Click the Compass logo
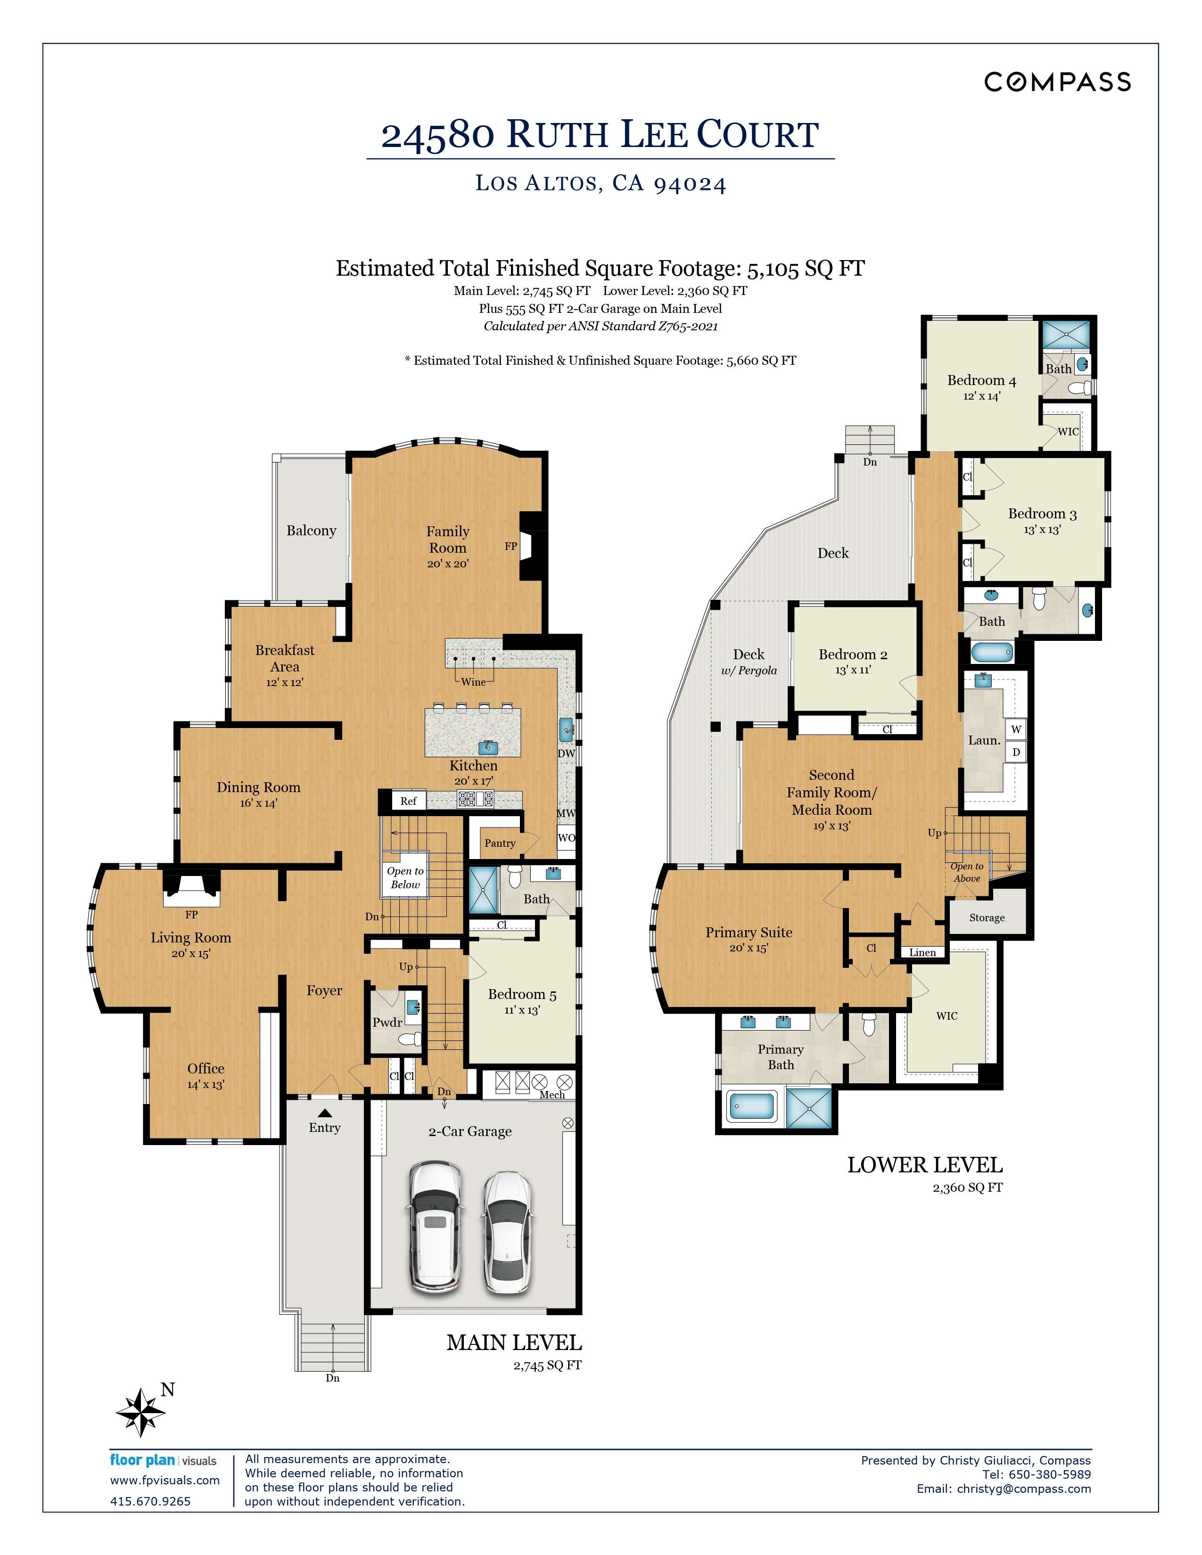click(x=1057, y=82)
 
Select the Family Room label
click(x=447, y=539)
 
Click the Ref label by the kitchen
click(x=408, y=801)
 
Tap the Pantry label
click(x=500, y=843)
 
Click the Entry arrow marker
click(x=325, y=1113)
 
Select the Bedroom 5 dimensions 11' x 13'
click(x=522, y=1010)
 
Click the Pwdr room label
click(x=387, y=1023)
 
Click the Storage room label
click(x=986, y=918)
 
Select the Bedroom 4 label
click(x=981, y=380)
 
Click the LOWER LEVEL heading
click(x=924, y=1165)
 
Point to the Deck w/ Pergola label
click(x=749, y=662)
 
